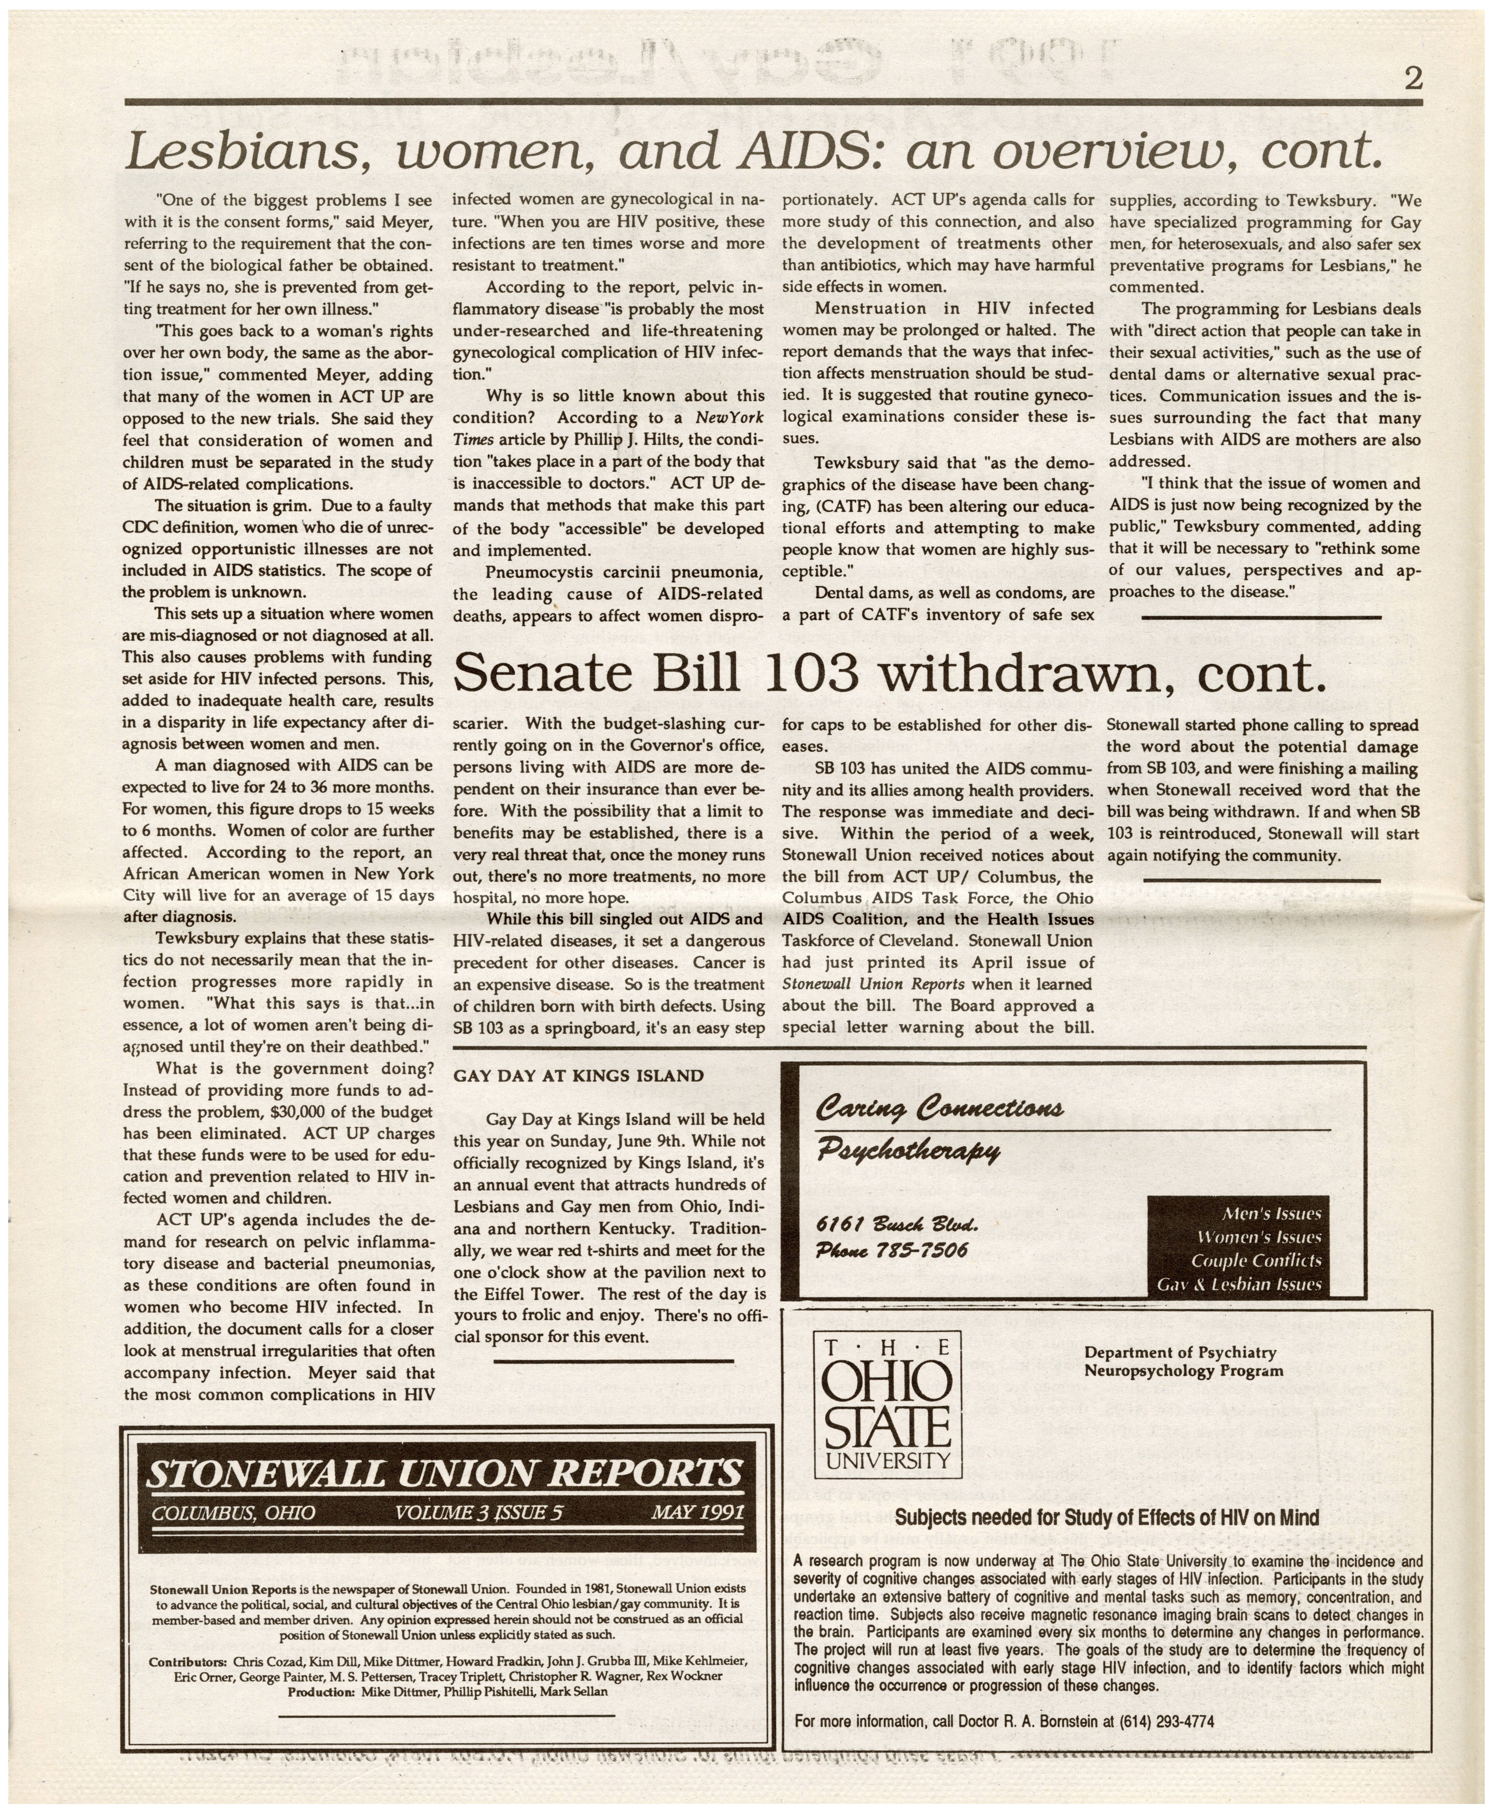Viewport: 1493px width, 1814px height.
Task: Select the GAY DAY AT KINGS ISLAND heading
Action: tap(578, 1075)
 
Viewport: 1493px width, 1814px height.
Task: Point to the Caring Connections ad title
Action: tap(940, 1107)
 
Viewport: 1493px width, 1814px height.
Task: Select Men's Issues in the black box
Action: tap(1271, 1214)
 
